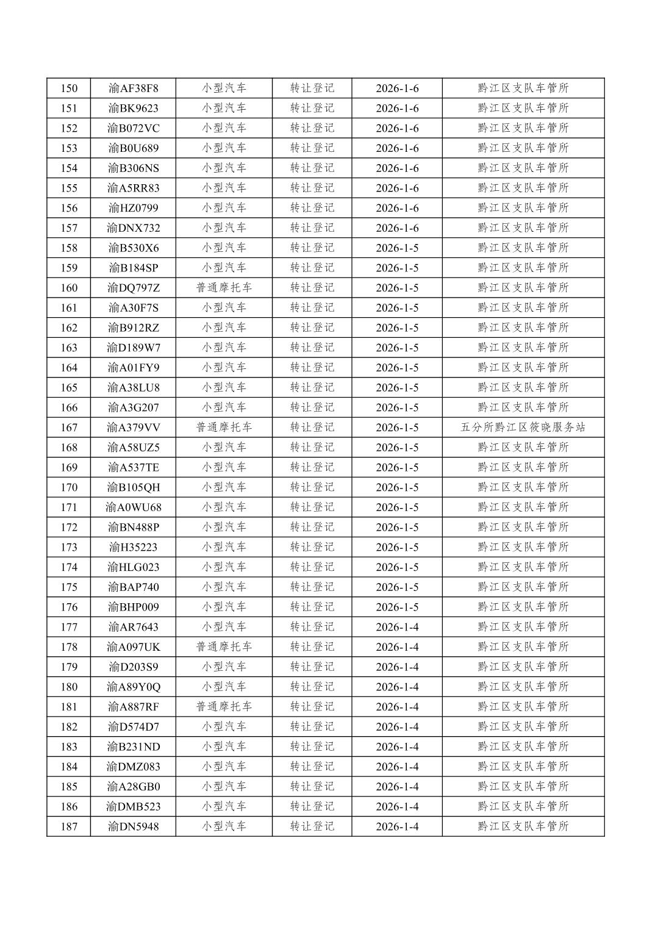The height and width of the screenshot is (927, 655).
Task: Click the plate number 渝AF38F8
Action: coord(133,88)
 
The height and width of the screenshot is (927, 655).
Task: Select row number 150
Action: coord(69,88)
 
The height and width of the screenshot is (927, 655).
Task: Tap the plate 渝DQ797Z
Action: coord(133,288)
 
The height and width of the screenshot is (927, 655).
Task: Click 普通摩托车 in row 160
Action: coord(224,288)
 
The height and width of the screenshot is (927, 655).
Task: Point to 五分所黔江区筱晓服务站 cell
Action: coord(523,428)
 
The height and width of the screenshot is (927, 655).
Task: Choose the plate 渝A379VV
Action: coord(133,428)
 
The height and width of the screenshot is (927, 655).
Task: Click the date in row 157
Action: coord(397,228)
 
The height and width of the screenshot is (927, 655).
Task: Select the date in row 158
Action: coord(397,248)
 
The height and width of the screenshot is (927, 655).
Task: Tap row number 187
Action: coord(69,827)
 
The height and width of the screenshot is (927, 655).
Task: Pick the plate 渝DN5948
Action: coord(133,827)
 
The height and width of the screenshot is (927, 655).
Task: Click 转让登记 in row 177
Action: coord(312,627)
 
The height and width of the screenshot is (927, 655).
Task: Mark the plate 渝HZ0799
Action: coord(133,208)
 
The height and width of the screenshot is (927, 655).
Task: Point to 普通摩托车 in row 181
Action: coord(224,707)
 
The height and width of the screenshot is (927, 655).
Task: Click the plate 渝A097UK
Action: coord(133,647)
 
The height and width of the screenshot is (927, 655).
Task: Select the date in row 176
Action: coord(397,607)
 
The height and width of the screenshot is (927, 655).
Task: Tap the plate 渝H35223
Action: coord(133,547)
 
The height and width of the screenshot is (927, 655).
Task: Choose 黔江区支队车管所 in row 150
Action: coord(523,88)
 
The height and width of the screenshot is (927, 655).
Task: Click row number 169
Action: coord(69,468)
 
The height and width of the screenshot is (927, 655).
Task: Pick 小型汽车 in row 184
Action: coord(224,767)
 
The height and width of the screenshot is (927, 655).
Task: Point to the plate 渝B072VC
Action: coord(133,128)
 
